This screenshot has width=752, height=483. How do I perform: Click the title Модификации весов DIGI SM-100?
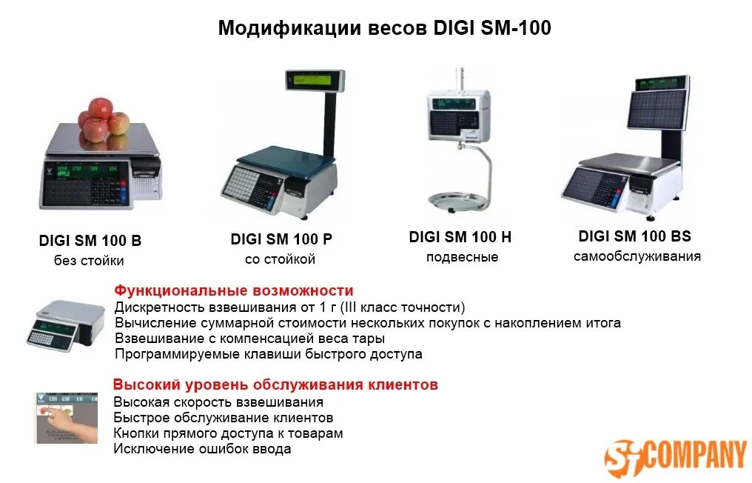(x=384, y=28)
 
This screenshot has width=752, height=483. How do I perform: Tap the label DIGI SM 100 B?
(x=90, y=241)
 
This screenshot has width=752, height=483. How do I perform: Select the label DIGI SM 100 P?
(x=281, y=239)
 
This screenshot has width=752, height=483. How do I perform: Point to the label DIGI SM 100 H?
(x=460, y=237)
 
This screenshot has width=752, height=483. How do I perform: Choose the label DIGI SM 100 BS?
(x=634, y=236)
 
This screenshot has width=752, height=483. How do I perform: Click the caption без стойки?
(x=89, y=261)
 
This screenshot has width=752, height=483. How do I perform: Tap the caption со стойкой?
(x=281, y=259)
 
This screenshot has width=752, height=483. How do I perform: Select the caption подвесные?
(x=462, y=258)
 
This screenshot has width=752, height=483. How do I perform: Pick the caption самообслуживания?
(x=637, y=256)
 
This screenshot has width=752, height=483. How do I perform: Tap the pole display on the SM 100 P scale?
(x=314, y=79)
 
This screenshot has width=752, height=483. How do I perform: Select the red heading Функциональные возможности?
(x=234, y=290)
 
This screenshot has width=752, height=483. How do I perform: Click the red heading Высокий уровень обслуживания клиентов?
(x=275, y=385)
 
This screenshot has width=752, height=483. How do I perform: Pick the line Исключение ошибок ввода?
(x=202, y=449)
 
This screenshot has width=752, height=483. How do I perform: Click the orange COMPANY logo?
(x=675, y=455)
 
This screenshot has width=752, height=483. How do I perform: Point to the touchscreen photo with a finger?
(x=66, y=419)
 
